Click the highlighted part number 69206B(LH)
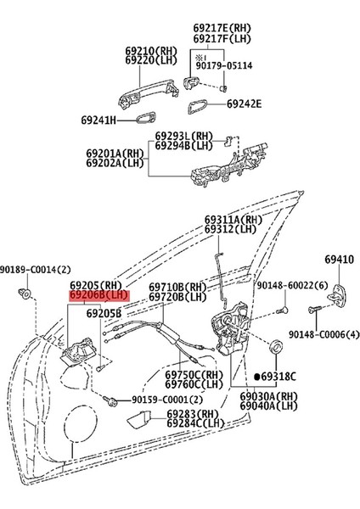[98, 295]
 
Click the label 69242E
[245, 105]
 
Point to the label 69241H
[104, 120]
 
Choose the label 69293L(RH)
[184, 136]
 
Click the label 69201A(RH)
[115, 154]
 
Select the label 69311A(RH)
[232, 219]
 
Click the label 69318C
[281, 373]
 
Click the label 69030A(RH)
[268, 396]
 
